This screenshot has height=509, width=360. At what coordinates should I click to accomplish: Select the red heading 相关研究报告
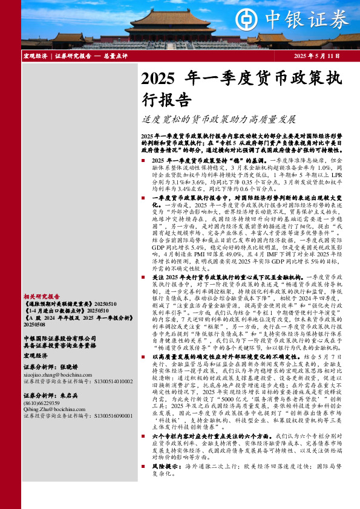(42, 297)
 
